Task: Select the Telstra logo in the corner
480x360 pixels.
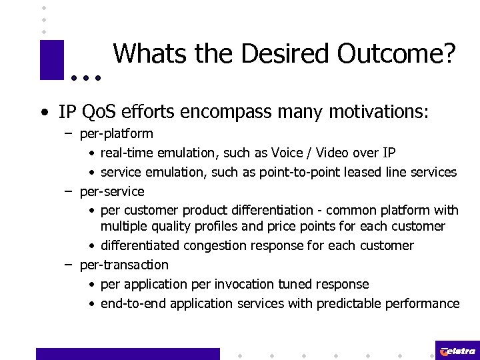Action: [x=457, y=351]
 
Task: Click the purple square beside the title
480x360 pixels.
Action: [x=51, y=60]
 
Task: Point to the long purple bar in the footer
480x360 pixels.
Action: [x=127, y=353]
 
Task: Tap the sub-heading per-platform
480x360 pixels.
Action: [x=116, y=134]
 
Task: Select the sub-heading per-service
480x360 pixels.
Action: [x=112, y=192]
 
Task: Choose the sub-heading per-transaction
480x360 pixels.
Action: [x=124, y=265]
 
